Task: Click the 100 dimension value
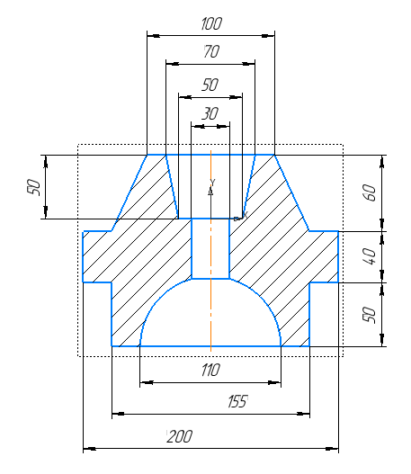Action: click(x=211, y=23)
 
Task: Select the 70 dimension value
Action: click(x=211, y=51)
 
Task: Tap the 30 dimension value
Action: click(x=210, y=113)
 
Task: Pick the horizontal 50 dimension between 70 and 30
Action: click(x=210, y=85)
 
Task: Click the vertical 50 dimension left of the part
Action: click(x=33, y=187)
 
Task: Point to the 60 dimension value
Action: click(x=370, y=192)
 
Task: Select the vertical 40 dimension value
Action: click(x=370, y=256)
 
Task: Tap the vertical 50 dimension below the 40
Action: click(x=370, y=315)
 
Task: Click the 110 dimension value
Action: click(x=210, y=370)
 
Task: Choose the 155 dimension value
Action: click(x=237, y=401)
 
